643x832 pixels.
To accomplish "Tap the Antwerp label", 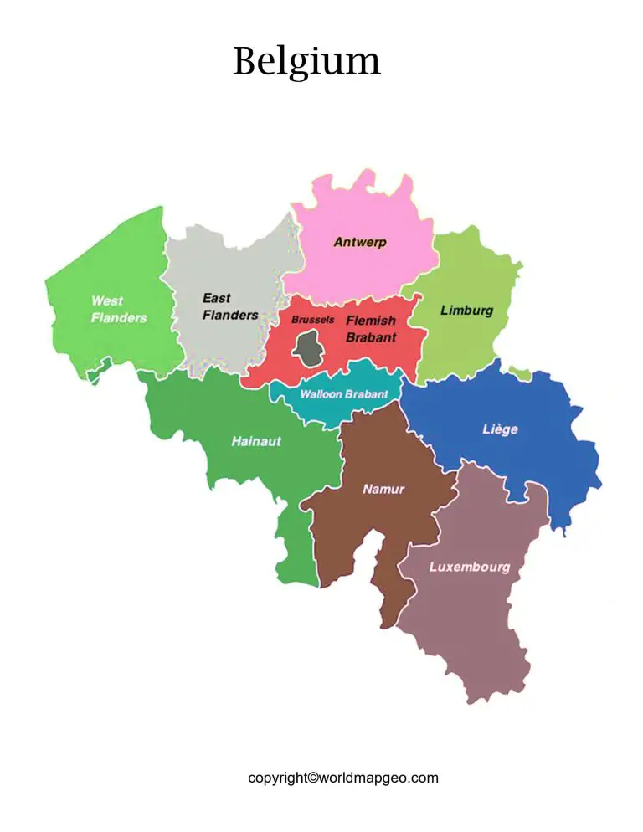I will pyautogui.click(x=360, y=242).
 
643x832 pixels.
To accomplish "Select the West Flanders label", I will pyautogui.click(x=118, y=309).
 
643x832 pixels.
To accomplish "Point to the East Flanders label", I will pyautogui.click(x=229, y=306).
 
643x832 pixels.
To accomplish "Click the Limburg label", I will pyautogui.click(x=466, y=311).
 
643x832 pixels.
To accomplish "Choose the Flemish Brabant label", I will pyautogui.click(x=371, y=328).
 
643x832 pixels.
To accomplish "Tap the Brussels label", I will pyautogui.click(x=312, y=320).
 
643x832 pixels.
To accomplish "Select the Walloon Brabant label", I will pyautogui.click(x=343, y=393).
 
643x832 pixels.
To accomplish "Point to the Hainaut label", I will pyautogui.click(x=256, y=441).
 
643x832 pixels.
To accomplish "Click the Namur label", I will pyautogui.click(x=383, y=489).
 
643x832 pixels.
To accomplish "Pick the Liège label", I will pyautogui.click(x=500, y=429).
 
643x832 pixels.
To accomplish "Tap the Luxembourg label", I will pyautogui.click(x=469, y=567).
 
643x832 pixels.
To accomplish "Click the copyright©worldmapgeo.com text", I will pyautogui.click(x=342, y=778).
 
